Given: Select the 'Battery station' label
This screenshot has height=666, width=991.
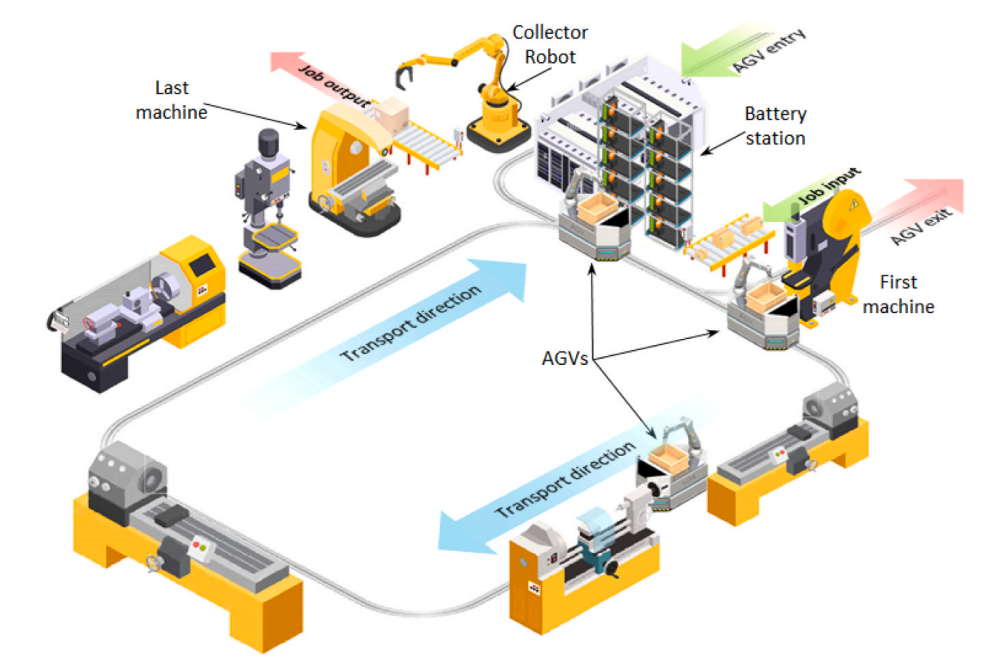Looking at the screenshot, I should point(775,126).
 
